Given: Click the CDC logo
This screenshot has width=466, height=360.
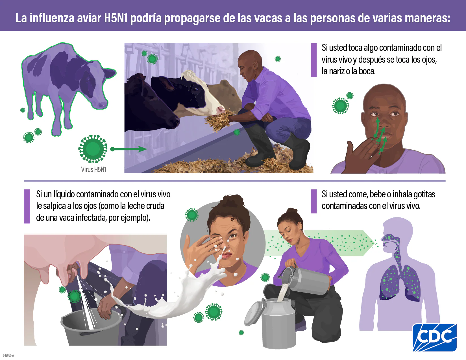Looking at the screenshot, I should [x=434, y=337].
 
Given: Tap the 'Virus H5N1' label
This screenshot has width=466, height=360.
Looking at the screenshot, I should [x=93, y=169].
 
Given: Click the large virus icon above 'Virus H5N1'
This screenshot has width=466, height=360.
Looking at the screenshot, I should [x=93, y=149].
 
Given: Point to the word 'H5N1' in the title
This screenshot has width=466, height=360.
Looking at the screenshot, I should [x=116, y=18].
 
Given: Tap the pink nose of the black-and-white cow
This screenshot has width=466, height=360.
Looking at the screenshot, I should [x=220, y=110].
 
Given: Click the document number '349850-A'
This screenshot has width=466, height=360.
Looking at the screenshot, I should [x=8, y=355].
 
